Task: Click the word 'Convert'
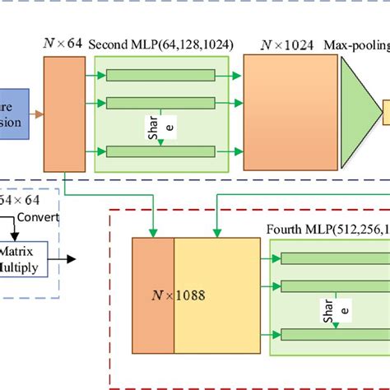click(40, 217)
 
